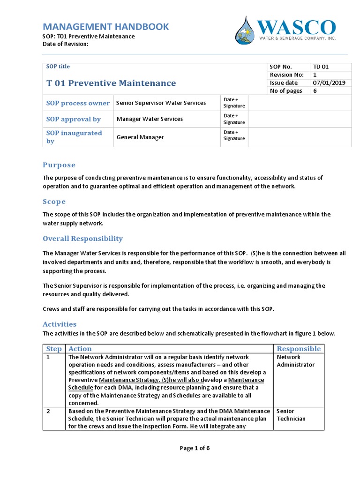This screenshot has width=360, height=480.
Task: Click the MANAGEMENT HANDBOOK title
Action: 105,27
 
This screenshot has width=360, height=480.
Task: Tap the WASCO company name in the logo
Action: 296,28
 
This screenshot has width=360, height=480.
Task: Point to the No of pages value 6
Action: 315,91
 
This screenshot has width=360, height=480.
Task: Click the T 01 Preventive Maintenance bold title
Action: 111,83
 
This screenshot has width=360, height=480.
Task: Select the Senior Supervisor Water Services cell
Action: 161,103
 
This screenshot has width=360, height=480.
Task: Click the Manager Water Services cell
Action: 150,119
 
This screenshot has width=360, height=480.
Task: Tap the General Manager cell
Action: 140,137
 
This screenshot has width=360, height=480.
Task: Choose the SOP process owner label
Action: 78,103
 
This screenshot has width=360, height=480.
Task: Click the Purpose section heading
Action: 59,165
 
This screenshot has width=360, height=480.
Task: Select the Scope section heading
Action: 54,202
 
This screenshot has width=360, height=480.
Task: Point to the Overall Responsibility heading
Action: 83,239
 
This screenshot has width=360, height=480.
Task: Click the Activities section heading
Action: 60,324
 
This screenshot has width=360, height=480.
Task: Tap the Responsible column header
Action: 299,349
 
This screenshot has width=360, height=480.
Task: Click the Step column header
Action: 53,349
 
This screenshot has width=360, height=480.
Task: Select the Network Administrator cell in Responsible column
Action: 295,361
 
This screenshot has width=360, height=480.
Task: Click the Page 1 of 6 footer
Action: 195,448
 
